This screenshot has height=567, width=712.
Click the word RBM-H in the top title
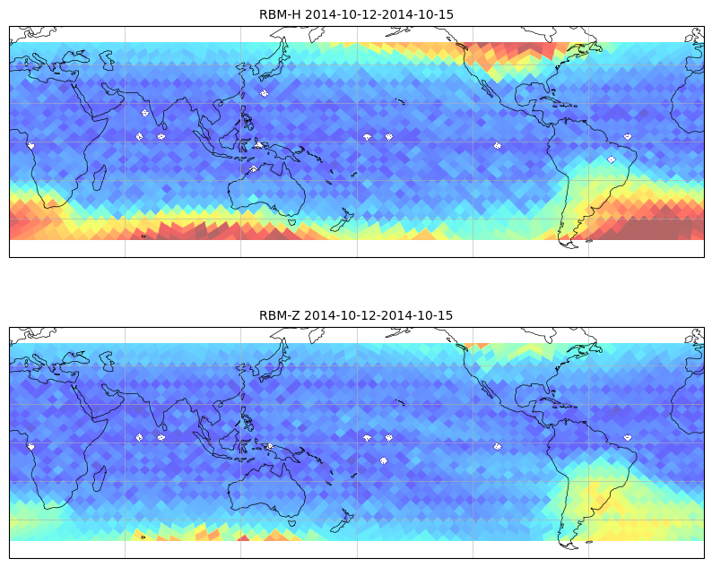pyautogui.click(x=280, y=14)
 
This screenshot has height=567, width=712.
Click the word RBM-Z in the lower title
pyautogui.click(x=279, y=315)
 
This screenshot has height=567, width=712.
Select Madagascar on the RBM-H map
pyautogui.click(x=100, y=177)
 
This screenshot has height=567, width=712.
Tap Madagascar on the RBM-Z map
pyautogui.click(x=100, y=478)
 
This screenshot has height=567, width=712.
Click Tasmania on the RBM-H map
pyautogui.click(x=293, y=222)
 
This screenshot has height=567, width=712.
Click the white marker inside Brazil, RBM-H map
pyautogui.click(x=612, y=159)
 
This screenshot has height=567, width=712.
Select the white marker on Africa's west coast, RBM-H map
pyautogui.click(x=30, y=146)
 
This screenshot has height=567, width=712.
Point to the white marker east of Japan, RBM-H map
pyautogui.click(x=265, y=93)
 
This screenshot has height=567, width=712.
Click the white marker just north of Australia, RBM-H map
pyautogui.click(x=254, y=168)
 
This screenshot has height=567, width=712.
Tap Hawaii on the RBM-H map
pyautogui.click(x=400, y=101)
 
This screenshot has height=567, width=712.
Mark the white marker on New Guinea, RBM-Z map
pyautogui.click(x=270, y=446)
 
